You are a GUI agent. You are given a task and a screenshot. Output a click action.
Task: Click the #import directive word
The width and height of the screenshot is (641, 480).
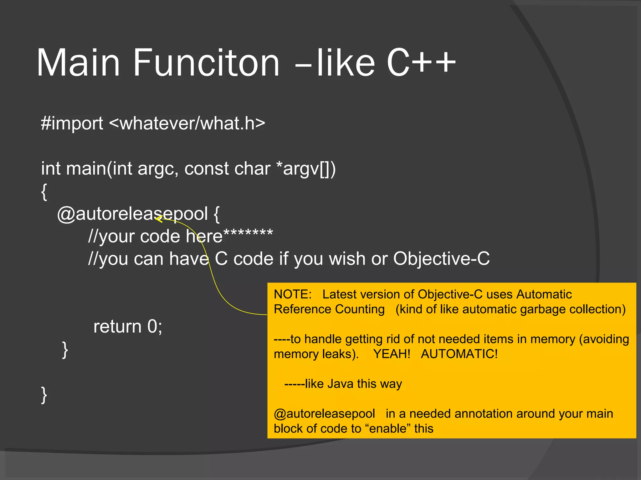click(72, 123)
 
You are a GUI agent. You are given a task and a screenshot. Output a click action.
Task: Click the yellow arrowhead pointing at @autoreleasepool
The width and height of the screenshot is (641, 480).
click(158, 219)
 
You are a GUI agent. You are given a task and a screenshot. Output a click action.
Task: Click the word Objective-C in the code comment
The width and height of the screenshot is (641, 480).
click(441, 259)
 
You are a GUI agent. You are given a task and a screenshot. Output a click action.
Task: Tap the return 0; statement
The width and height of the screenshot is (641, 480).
click(128, 327)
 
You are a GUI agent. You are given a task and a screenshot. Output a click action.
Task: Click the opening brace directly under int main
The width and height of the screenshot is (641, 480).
click(44, 192)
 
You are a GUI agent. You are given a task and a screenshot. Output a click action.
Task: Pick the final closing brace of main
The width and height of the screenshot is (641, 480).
click(44, 395)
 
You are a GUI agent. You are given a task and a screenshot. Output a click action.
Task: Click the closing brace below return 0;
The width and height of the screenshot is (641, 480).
click(65, 350)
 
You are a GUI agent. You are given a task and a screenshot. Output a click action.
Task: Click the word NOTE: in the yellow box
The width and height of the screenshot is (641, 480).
click(293, 294)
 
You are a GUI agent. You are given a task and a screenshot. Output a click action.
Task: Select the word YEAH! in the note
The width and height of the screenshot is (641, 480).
click(392, 354)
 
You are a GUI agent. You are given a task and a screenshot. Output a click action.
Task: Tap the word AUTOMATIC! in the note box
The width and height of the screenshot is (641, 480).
click(459, 354)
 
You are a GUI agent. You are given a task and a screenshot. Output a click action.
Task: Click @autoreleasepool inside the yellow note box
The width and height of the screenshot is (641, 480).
click(324, 414)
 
